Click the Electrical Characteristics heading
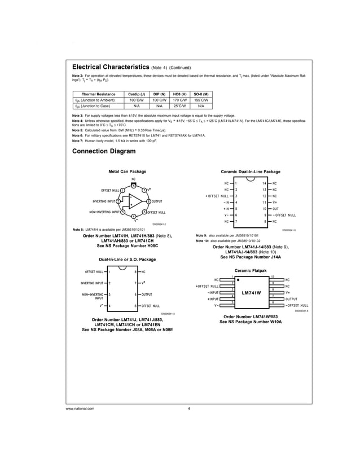coord(111,67)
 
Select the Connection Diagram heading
coord(104,151)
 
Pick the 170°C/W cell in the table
coord(180,99)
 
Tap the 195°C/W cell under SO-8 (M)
coord(201,99)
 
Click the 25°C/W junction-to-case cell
coord(180,105)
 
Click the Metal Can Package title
coord(127,172)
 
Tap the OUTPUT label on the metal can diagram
coord(156,201)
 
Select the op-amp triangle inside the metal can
coord(133,201)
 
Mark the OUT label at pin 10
coord(276,209)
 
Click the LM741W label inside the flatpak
coord(251,293)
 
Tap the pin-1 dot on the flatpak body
coord(238,279)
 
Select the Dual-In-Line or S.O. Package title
coord(127,260)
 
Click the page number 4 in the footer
coord(188,408)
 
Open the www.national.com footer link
coord(80,408)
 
